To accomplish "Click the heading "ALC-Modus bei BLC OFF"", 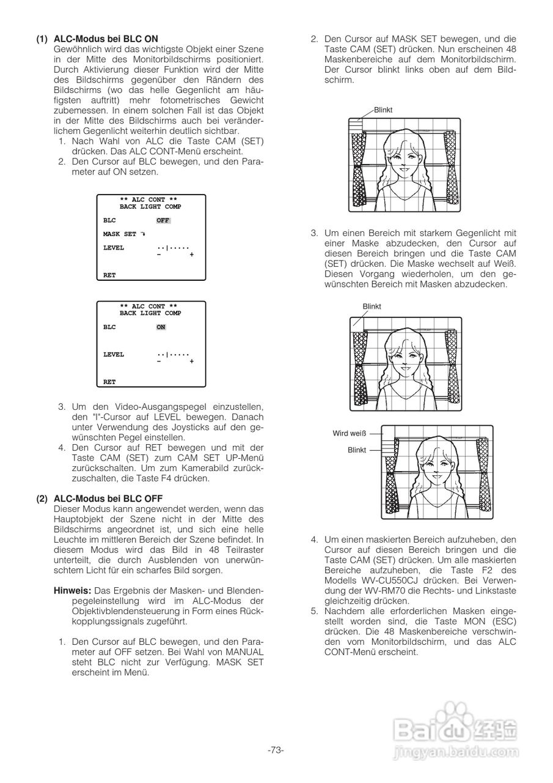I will coord(108,499).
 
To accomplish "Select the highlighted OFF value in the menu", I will coord(163,220).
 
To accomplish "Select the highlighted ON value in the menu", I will coord(161,327).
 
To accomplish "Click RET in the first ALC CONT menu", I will coord(109,275).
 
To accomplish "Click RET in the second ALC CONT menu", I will coord(109,382).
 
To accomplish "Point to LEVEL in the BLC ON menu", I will coord(113,354).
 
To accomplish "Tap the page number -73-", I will coord(276,750).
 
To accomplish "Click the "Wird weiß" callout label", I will coord(349,433).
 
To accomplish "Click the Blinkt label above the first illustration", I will coord(383,109).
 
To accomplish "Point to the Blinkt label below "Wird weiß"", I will coord(356,450).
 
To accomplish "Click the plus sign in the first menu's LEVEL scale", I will coord(191,254).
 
